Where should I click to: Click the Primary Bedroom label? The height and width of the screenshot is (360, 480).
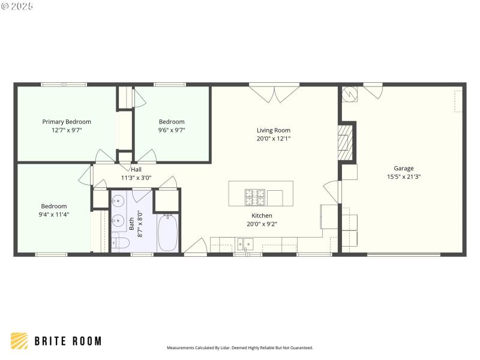click(x=67, y=122)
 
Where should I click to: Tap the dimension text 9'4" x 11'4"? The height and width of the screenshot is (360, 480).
click(x=54, y=214)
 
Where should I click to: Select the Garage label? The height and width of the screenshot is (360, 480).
click(x=403, y=169)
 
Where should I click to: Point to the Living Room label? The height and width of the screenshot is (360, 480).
click(x=274, y=130)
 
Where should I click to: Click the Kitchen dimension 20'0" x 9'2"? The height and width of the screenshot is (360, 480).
click(x=262, y=224)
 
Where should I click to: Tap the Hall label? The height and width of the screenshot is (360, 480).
click(x=136, y=170)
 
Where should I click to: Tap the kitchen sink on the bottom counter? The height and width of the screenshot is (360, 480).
click(x=245, y=244)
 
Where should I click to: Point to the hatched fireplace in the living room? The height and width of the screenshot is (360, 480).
click(x=347, y=142)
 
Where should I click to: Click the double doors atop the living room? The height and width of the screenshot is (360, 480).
click(x=274, y=93)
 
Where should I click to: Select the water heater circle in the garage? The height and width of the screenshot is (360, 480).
click(x=350, y=94)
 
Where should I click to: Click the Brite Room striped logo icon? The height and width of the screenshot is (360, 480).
click(x=19, y=341)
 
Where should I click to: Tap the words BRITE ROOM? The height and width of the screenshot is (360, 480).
click(x=67, y=341)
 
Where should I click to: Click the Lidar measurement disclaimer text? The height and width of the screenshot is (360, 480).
click(x=239, y=347)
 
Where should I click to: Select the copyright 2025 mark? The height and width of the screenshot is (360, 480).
click(x=17, y=6)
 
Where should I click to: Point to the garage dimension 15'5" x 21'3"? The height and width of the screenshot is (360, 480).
click(x=403, y=177)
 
